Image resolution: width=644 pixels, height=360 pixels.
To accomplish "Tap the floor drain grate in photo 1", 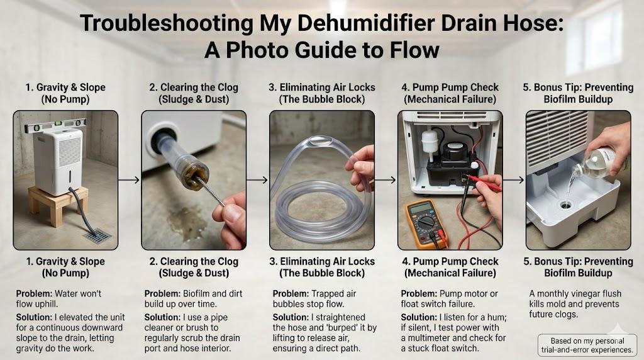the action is tap(97, 235).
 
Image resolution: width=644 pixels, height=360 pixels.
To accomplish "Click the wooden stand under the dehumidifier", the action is tap(58, 205).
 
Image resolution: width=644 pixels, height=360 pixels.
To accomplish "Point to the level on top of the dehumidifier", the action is tap(55, 125).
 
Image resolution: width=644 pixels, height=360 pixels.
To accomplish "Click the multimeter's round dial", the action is tap(426, 223).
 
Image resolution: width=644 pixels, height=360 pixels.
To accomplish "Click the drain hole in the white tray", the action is tap(565, 204).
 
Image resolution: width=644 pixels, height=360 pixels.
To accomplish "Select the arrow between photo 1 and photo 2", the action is tap(129, 179).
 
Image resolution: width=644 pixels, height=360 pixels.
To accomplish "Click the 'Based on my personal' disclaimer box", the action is tap(587, 345).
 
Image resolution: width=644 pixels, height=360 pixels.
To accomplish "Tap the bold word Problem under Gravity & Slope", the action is tap(34, 294).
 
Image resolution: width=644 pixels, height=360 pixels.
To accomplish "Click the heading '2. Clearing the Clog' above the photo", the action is tap(194, 87).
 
